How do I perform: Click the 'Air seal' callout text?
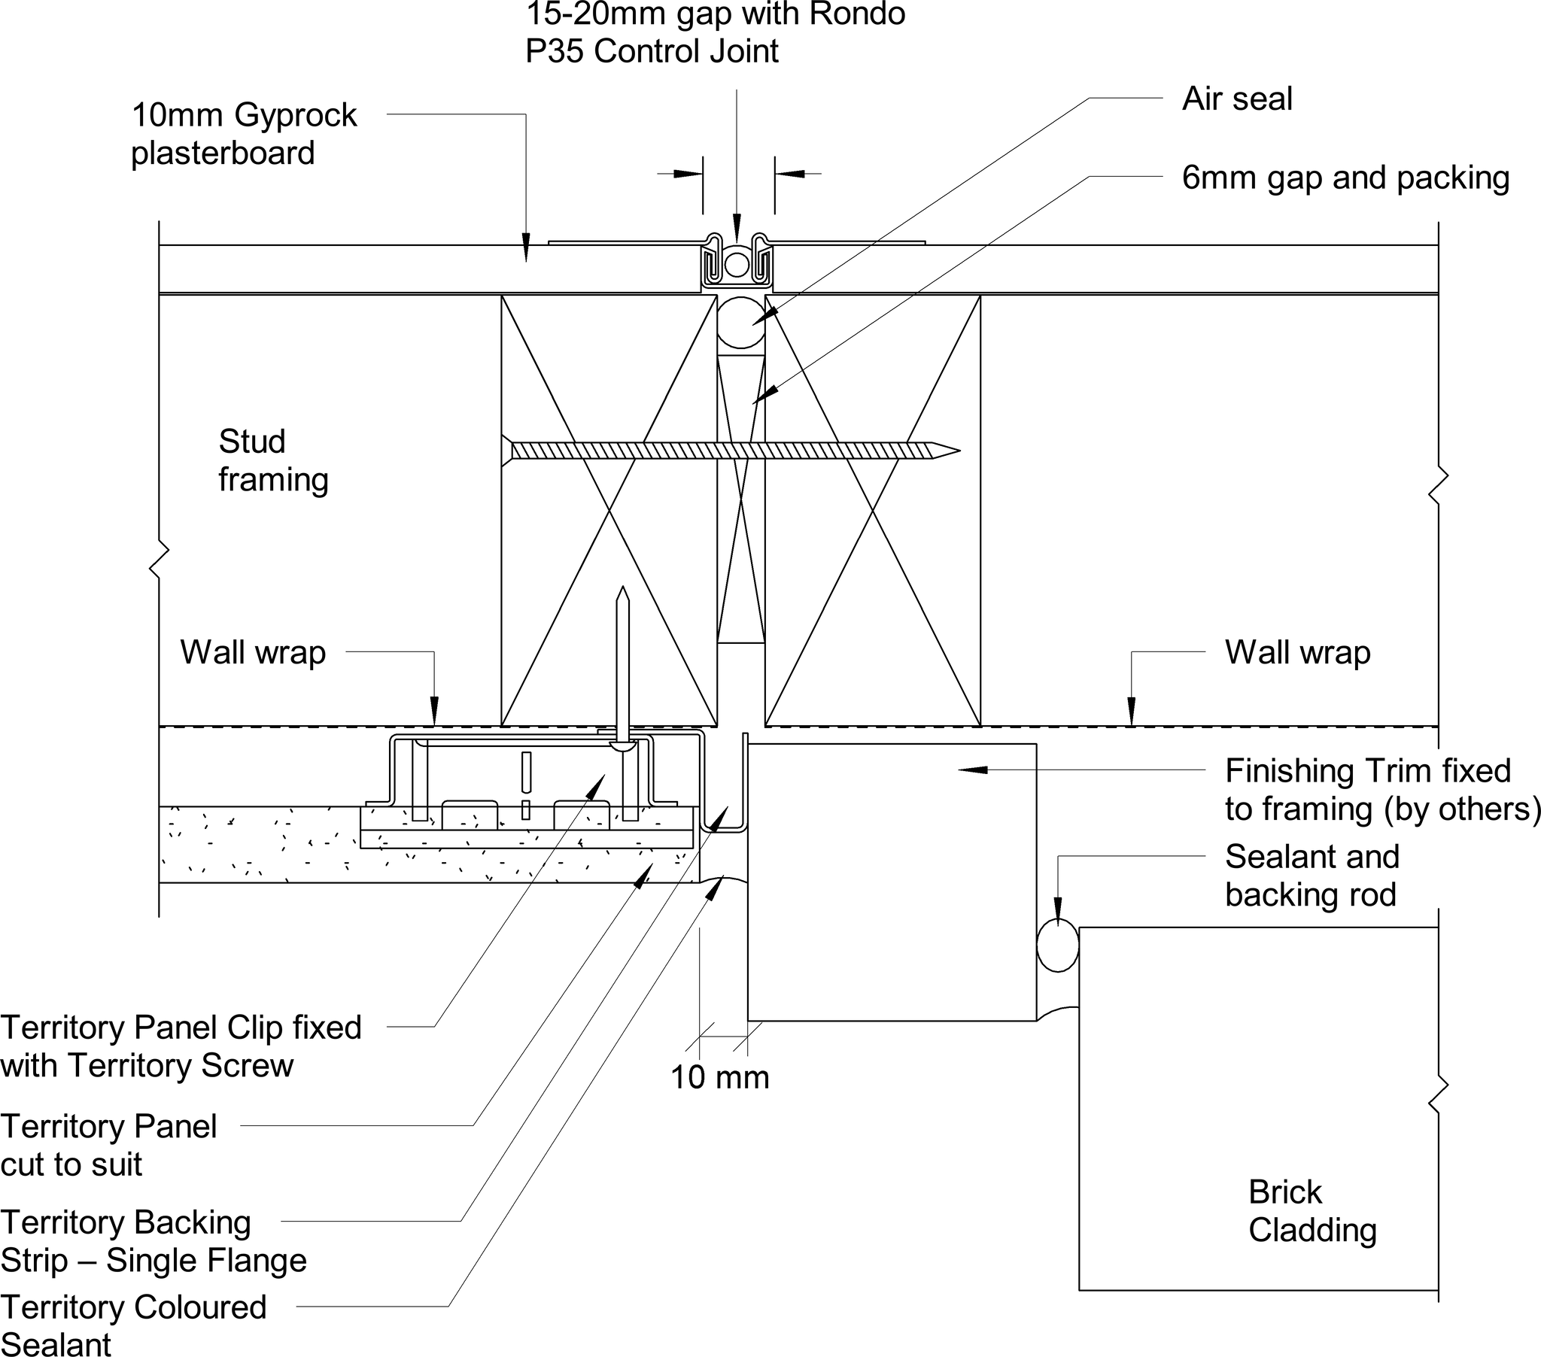(x=1236, y=99)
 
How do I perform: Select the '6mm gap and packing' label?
(x=1345, y=178)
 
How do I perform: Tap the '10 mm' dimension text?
(x=719, y=1077)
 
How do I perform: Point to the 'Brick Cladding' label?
(x=1312, y=1212)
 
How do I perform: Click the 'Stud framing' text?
(x=272, y=460)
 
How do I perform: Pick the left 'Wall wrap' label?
(x=253, y=652)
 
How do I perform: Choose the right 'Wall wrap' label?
(x=1296, y=652)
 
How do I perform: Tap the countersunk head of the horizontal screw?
(x=506, y=451)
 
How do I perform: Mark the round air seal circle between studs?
(x=740, y=322)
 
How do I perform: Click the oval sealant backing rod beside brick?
(x=1057, y=948)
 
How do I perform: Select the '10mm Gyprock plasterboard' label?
(x=243, y=134)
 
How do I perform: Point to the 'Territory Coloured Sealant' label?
(x=132, y=1326)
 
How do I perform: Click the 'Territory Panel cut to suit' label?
(x=108, y=1145)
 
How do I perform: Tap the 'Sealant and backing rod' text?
(x=1312, y=876)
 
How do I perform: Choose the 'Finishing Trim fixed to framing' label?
(x=1381, y=789)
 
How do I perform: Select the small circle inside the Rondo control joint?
(x=737, y=265)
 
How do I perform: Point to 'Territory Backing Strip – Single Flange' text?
(x=153, y=1241)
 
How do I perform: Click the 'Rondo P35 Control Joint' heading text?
(x=715, y=32)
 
